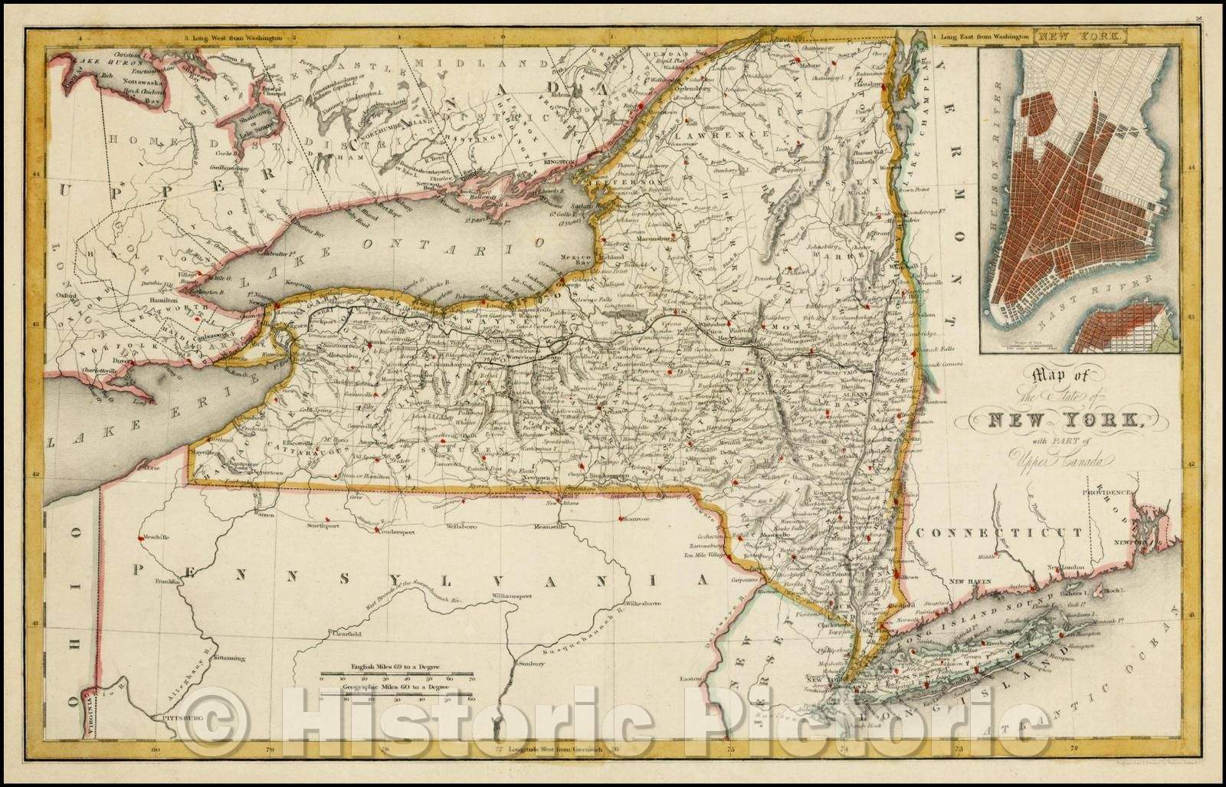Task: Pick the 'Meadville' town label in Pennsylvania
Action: (153, 537)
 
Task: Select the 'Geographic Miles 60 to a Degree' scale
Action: (397, 689)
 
